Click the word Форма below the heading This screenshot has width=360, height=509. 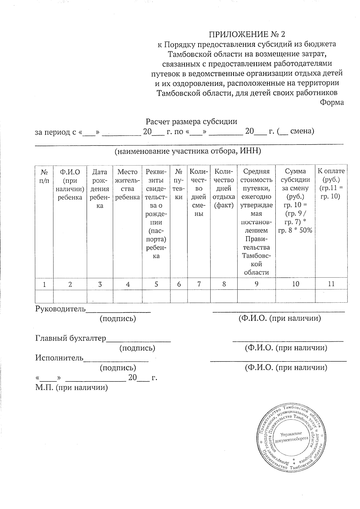331,103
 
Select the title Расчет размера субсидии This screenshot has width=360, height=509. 191,122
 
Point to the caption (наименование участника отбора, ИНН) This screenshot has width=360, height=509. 188,151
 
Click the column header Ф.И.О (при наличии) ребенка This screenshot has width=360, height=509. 70,184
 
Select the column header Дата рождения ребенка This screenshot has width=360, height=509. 100,189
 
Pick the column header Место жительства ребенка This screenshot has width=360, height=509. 127,184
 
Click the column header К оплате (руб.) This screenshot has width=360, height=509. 331,184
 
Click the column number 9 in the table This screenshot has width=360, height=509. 256,284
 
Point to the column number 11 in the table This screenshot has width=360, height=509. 331,284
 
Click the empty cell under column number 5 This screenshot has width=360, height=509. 156,296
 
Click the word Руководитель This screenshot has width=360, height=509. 61,309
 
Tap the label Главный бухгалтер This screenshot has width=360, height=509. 71,338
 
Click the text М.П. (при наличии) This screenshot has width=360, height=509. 71,388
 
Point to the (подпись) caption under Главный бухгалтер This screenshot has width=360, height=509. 137,348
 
